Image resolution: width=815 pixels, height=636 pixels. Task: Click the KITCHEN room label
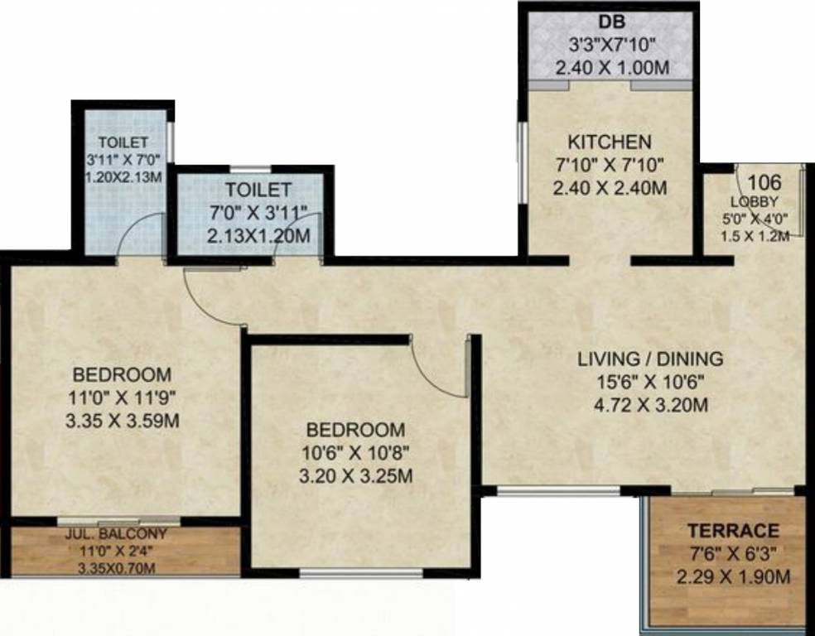610,142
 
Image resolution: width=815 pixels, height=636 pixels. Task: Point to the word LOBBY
754,202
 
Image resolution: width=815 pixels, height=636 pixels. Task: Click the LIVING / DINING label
650,359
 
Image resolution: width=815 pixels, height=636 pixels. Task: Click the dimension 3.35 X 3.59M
121,421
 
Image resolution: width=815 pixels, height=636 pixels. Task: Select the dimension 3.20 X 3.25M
356,476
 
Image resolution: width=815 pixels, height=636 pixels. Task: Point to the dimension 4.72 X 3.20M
650,406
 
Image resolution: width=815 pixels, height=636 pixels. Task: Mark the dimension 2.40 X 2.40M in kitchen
610,188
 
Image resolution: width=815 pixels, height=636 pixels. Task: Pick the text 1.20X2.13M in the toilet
122,177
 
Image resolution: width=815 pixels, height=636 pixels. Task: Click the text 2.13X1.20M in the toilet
258,237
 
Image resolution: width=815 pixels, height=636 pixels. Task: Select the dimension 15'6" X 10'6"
650,383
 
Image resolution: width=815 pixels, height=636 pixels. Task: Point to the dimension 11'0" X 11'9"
121,397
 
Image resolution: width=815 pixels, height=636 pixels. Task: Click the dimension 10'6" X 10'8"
356,453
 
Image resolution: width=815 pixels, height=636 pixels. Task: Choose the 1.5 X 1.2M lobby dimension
753,234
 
